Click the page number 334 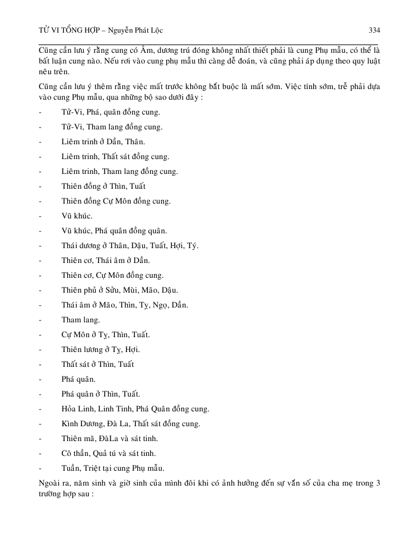pyautogui.click(x=374, y=30)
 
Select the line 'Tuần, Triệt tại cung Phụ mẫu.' pyautogui.click(x=113, y=468)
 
